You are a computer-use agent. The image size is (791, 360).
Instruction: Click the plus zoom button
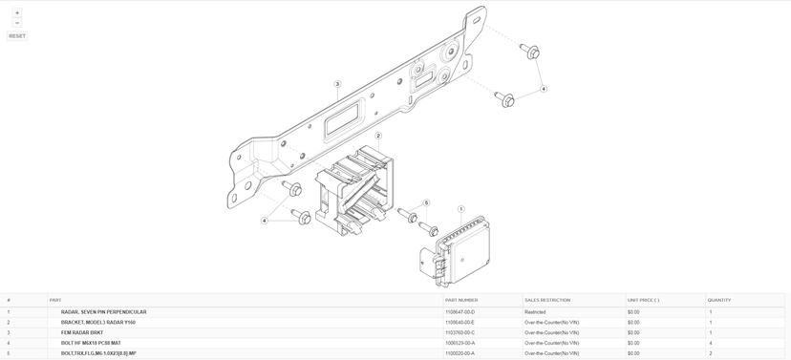point(17,12)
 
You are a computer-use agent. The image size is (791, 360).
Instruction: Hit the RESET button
point(17,36)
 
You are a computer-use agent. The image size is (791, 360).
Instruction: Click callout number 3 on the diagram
point(337,84)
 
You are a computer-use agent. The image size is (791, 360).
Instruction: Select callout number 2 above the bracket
point(378,136)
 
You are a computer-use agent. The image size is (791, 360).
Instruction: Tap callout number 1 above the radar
point(460,209)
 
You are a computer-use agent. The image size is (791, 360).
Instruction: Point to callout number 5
point(426,202)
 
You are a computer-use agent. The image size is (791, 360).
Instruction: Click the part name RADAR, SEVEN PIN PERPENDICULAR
point(103,312)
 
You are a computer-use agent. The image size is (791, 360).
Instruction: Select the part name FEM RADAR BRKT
point(82,332)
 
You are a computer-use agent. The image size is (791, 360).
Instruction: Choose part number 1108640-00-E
point(460,322)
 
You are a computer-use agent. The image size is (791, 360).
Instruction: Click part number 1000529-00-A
point(460,343)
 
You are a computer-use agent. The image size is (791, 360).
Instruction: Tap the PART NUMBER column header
point(461,301)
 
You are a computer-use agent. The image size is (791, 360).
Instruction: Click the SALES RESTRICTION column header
point(547,301)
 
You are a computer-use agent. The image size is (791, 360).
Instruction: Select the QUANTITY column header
point(718,301)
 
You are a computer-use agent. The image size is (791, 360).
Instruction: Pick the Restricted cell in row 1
point(535,312)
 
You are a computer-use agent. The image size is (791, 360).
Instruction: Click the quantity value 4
point(711,343)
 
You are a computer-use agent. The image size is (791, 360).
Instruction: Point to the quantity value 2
point(711,353)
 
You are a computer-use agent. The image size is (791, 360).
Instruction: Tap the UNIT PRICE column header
point(643,301)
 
